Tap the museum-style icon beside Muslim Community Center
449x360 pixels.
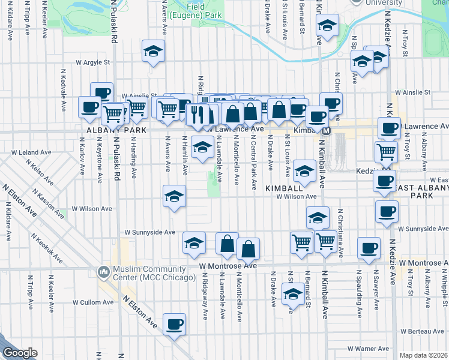[x=104, y=273]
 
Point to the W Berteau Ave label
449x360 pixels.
[x=423, y=331]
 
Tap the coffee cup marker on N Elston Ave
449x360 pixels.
[x=175, y=325]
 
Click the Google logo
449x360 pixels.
[x=20, y=353]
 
